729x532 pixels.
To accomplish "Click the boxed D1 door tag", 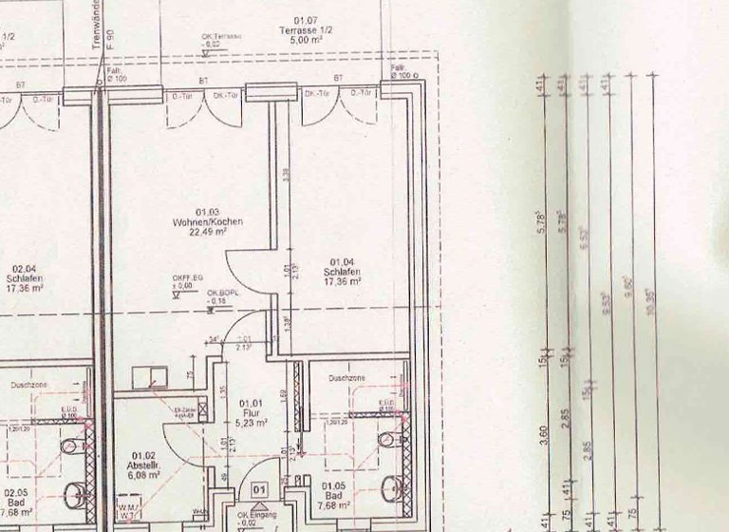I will (259, 488).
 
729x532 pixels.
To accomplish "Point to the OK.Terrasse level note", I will (221, 40).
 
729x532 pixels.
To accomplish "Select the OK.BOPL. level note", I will (221, 295).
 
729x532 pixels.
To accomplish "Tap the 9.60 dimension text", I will (626, 285).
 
